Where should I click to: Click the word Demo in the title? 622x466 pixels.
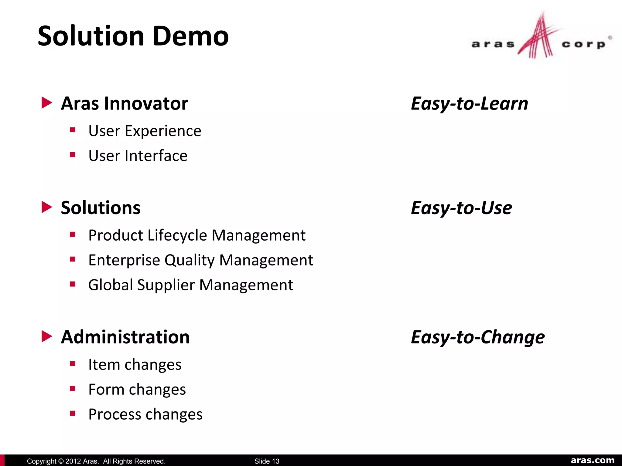point(190,36)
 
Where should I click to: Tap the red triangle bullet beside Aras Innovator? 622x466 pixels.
point(46,103)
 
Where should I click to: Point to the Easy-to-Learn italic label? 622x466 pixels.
point(469,103)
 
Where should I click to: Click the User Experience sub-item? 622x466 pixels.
point(145,131)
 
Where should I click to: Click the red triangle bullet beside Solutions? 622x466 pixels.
point(46,207)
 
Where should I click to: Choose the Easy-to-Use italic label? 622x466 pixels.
point(461,208)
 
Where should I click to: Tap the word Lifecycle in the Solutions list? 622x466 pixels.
point(178,235)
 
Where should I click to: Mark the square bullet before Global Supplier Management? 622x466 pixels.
point(72,284)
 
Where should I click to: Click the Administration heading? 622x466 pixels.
point(125,337)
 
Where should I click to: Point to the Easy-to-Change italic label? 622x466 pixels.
point(477,337)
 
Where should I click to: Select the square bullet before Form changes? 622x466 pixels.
point(72,389)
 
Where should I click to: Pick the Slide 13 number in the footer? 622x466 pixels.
point(267,461)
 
